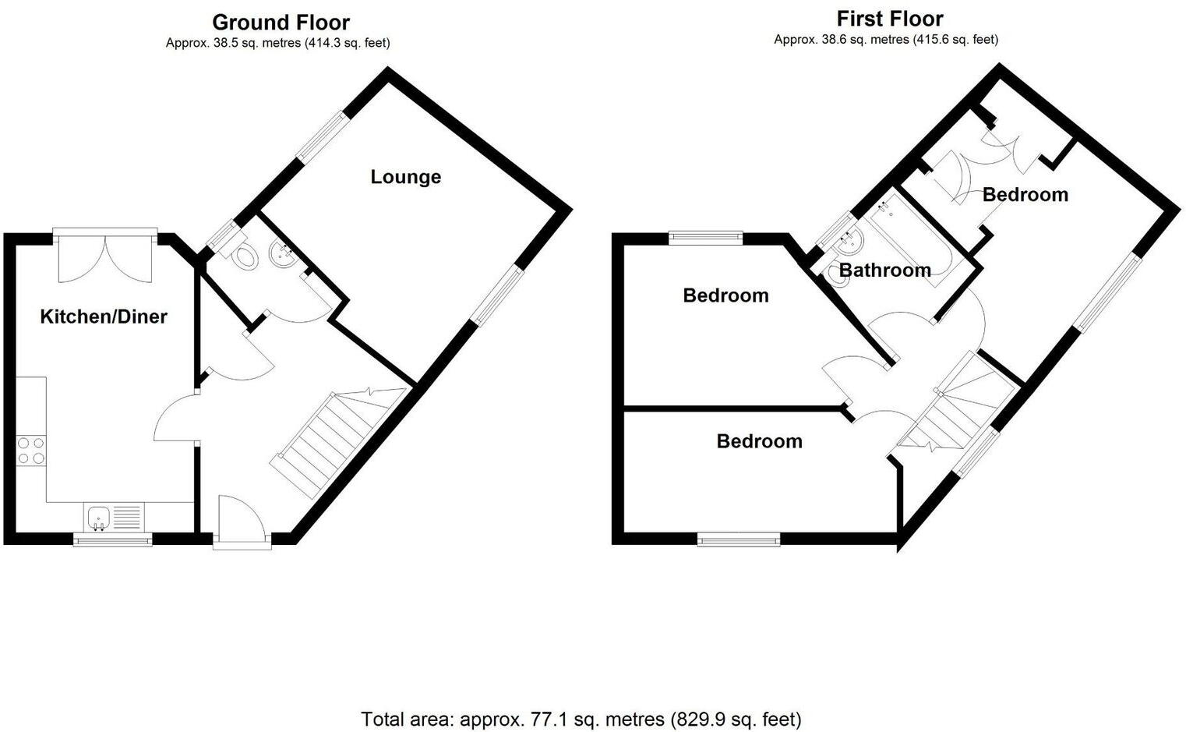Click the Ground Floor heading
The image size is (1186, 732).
tap(281, 22)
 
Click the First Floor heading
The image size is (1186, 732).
tap(889, 19)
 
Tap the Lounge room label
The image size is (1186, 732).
tap(405, 177)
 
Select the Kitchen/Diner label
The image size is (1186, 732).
tap(104, 316)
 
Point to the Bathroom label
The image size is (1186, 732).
tap(884, 271)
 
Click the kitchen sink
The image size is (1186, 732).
tap(99, 515)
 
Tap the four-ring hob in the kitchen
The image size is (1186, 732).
tap(31, 451)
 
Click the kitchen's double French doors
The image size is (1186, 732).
tap(105, 256)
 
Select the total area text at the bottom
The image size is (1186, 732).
tap(581, 718)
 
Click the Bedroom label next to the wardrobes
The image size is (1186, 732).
tap(1025, 195)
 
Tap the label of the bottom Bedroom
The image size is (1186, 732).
tap(759, 441)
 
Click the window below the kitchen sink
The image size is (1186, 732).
tap(112, 539)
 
